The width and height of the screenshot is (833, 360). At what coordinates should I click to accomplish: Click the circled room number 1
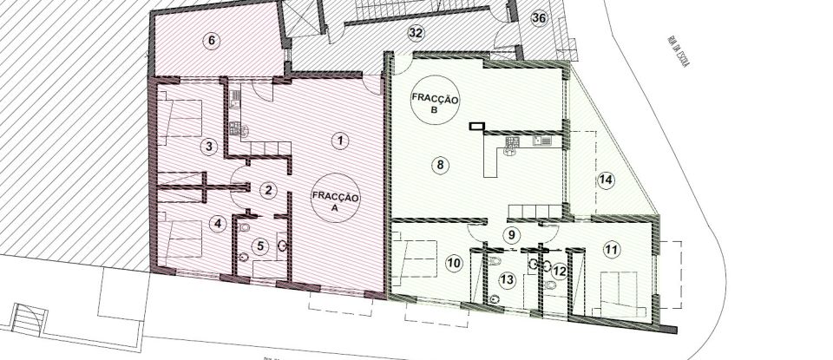(341, 139)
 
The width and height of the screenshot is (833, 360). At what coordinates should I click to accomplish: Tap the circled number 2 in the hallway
(269, 190)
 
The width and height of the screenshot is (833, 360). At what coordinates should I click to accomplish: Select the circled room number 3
(208, 146)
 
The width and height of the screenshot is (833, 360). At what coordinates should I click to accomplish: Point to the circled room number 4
(219, 222)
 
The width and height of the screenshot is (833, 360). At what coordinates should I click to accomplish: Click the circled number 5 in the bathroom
(259, 245)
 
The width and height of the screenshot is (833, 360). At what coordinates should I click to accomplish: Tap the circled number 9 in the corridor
(511, 233)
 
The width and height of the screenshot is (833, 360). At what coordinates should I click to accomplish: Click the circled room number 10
(453, 262)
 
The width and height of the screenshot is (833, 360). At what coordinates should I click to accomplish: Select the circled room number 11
(612, 250)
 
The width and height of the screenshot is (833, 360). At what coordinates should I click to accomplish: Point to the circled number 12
(559, 271)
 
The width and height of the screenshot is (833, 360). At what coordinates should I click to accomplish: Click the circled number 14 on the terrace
(605, 180)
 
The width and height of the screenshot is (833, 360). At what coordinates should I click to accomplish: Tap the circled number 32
(416, 33)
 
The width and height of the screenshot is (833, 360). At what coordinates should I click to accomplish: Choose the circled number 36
(538, 17)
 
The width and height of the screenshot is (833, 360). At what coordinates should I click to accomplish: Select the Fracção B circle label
(437, 106)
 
